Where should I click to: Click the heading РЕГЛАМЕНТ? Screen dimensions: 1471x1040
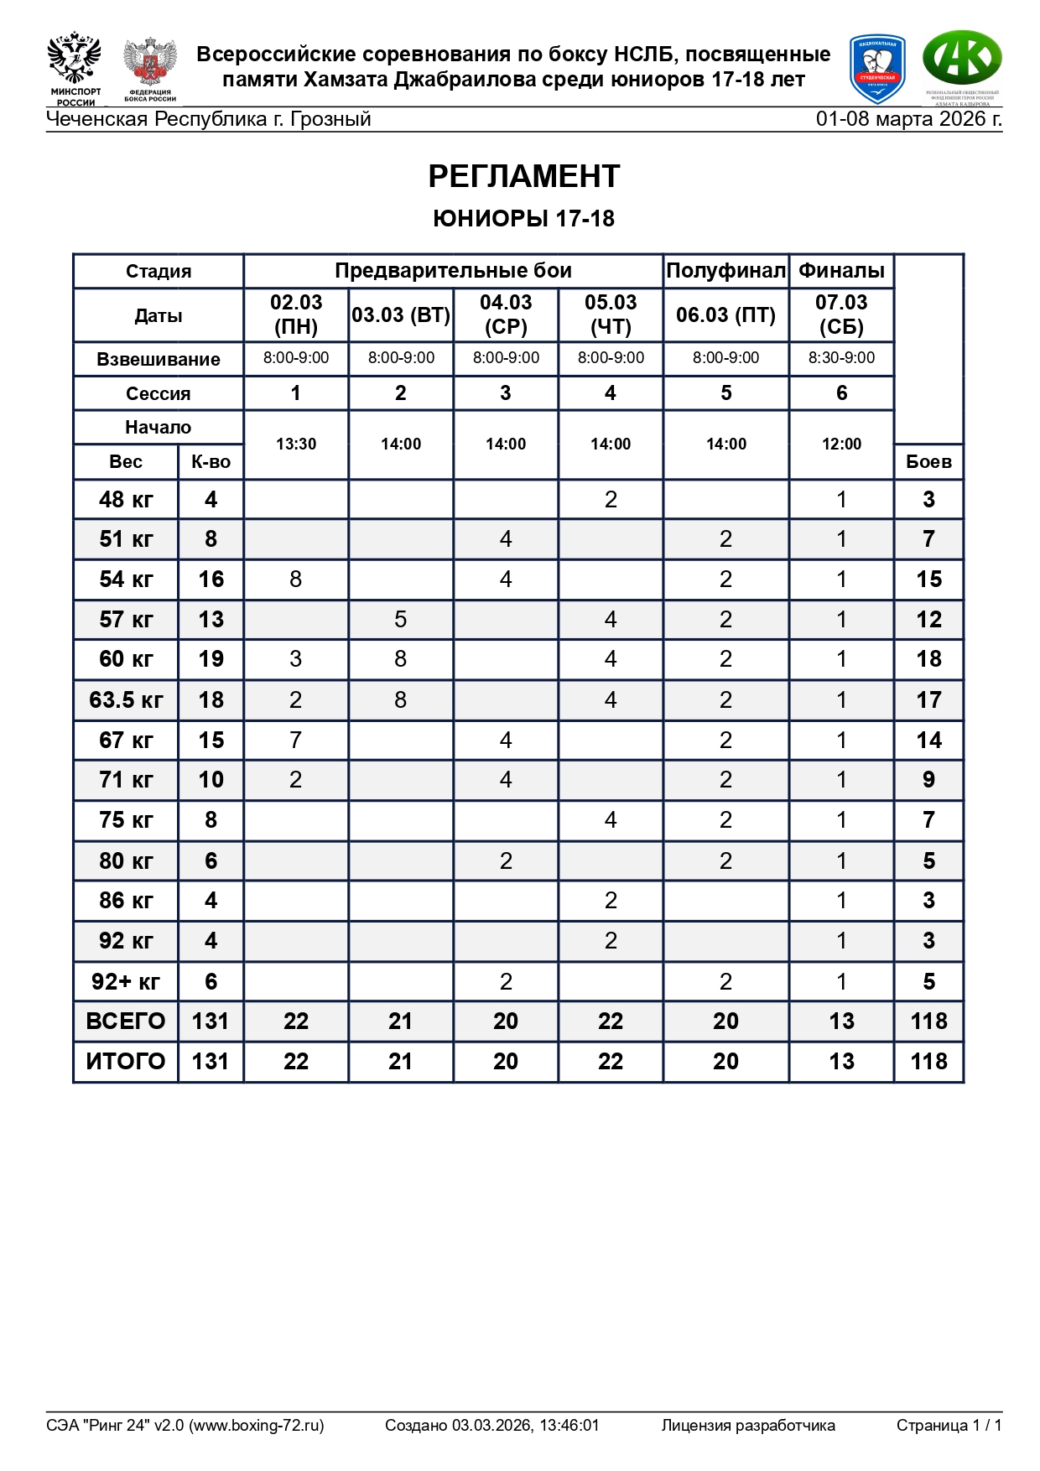523,177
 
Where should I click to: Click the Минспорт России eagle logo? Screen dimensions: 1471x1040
75,69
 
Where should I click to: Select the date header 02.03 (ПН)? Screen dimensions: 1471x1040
296,314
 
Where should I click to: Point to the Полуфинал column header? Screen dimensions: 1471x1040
725,271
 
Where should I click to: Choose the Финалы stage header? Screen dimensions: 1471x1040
841,271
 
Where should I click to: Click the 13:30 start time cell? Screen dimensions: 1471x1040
296,444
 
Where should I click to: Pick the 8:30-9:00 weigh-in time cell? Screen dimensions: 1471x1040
841,358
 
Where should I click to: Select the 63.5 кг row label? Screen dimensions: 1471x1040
126,699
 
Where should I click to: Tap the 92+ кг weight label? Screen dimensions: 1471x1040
126,981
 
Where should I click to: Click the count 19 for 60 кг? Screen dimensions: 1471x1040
211,659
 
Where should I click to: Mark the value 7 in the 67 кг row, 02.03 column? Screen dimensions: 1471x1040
296,740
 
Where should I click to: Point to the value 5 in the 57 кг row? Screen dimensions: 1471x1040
401,619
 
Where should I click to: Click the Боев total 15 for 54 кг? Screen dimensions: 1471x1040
928,579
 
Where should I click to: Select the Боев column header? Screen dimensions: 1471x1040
928,461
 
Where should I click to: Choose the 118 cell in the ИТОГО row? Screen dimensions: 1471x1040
928,1061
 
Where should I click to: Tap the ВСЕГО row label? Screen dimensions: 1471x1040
126,1021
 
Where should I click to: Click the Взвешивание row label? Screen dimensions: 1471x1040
159,359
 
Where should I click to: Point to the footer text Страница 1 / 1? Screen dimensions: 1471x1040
949,1425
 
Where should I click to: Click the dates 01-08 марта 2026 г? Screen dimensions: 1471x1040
908,119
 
